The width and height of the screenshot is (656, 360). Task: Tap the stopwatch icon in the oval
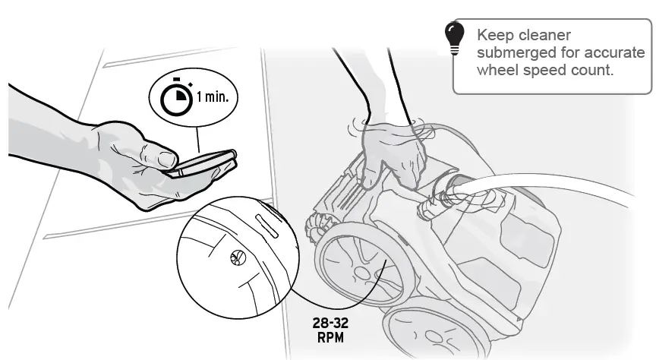[x=177, y=96]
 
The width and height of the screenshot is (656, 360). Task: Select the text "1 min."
[x=216, y=97]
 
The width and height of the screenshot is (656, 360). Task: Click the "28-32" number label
[x=331, y=322]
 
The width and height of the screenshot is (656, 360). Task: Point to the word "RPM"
[x=331, y=335]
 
